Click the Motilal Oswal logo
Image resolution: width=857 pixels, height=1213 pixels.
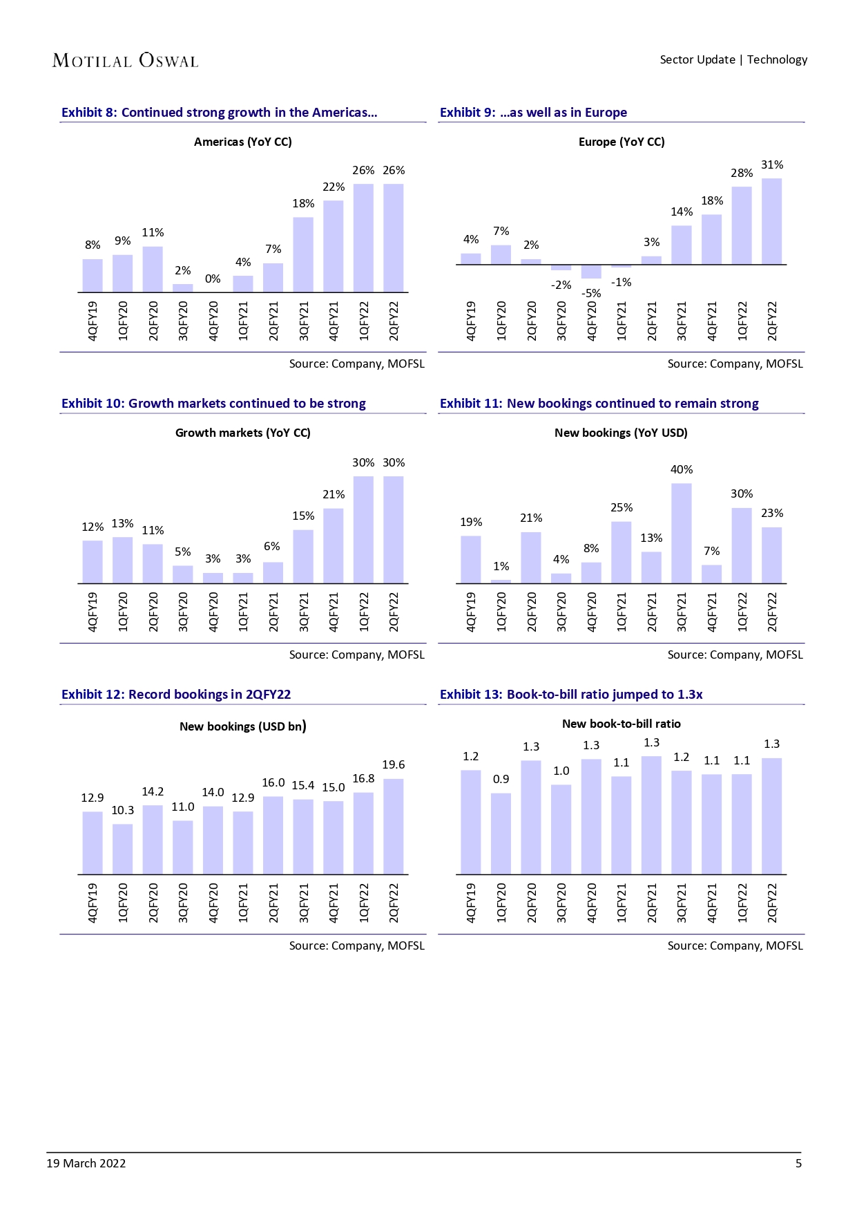(x=125, y=61)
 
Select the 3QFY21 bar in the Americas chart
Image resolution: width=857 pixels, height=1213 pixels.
(x=303, y=254)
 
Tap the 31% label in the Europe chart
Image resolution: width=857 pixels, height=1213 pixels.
(x=772, y=164)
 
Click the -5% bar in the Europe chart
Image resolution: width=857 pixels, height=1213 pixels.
(x=591, y=272)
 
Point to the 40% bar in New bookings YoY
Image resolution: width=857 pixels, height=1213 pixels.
(x=682, y=533)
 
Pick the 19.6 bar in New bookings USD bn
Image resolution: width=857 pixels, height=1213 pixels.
(x=394, y=827)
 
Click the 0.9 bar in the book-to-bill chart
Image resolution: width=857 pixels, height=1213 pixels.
(x=501, y=834)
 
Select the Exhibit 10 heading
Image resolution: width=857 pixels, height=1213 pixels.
(x=213, y=404)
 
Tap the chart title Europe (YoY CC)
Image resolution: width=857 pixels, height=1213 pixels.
(x=622, y=142)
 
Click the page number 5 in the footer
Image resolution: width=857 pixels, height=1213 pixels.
(x=798, y=1163)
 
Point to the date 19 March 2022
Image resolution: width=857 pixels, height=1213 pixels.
(x=86, y=1163)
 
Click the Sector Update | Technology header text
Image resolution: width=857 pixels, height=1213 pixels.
(x=733, y=59)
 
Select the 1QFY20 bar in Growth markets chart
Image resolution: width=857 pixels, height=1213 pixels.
(x=123, y=560)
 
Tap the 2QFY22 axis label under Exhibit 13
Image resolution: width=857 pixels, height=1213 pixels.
(x=772, y=902)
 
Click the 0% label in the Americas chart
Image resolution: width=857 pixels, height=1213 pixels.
(x=213, y=279)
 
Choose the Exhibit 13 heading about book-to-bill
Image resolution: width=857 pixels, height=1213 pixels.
(x=571, y=695)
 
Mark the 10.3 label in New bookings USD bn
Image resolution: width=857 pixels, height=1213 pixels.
(x=123, y=810)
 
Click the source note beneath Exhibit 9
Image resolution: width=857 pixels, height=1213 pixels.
(x=735, y=364)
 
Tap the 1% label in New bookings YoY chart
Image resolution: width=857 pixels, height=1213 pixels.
(x=501, y=566)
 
